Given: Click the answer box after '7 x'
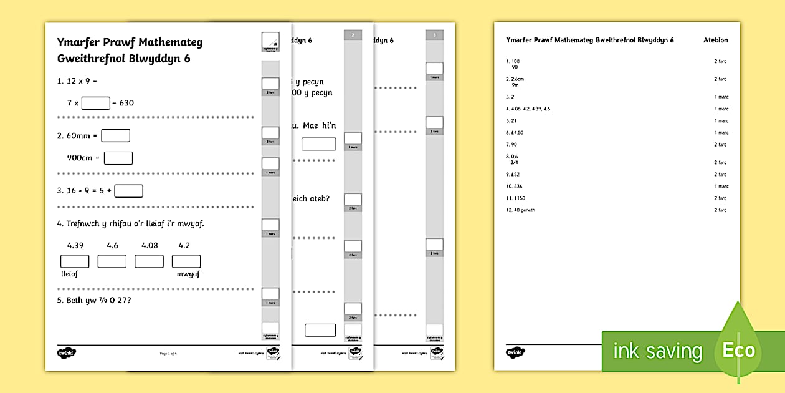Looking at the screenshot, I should (x=95, y=103).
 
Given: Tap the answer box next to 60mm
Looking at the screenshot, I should (x=115, y=135).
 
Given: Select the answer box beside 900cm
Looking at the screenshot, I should (x=118, y=158).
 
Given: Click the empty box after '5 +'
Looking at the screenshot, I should (x=128, y=191).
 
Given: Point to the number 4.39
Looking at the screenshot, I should (x=75, y=245).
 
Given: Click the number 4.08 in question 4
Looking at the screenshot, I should (x=150, y=245).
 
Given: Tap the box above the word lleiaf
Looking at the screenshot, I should (x=74, y=261).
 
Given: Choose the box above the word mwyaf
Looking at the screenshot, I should (x=186, y=261).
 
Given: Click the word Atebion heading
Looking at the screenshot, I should (x=715, y=41).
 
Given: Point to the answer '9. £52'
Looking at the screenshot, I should (x=513, y=174).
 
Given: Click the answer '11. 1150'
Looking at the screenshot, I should (x=516, y=198).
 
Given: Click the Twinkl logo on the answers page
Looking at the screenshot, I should (x=515, y=351).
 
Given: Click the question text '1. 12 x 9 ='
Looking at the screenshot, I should (x=78, y=81).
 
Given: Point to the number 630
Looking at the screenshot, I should (x=126, y=103).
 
